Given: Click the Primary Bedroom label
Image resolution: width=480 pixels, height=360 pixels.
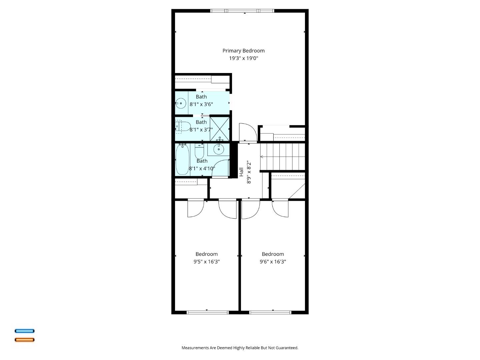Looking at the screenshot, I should point(243,51).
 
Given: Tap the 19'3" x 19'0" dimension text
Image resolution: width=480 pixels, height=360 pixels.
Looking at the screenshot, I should point(243,58).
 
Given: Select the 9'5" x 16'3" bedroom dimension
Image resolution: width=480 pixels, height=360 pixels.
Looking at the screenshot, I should point(206,262).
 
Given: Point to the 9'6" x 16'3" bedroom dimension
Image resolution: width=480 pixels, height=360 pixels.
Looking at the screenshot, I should point(273,262).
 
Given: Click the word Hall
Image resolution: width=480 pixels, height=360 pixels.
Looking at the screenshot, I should point(241,172).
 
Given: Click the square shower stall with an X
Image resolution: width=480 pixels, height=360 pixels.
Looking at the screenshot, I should point(220,128).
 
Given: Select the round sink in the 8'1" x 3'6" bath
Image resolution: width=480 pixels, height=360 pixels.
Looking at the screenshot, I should point(181,103).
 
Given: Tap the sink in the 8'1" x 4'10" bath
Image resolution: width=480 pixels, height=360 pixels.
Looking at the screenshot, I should point(219,150).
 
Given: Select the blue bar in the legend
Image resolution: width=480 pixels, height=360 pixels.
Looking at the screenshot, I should point(24,331).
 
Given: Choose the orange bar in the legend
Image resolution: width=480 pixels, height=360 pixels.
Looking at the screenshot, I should point(24,340).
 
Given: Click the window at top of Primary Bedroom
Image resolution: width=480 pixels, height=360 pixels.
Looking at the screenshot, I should point(242,11).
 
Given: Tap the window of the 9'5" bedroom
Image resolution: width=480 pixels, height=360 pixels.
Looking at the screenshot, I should point(207,312).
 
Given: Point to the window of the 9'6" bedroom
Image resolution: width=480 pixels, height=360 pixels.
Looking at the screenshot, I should point(270,312).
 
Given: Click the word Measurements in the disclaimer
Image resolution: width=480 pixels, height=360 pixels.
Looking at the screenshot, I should point(195,348).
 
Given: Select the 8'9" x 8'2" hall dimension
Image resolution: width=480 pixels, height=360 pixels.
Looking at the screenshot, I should point(248,172).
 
